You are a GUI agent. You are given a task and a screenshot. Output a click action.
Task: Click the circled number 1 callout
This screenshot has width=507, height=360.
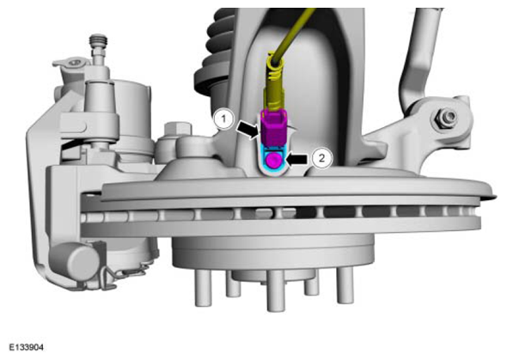(x=223, y=119)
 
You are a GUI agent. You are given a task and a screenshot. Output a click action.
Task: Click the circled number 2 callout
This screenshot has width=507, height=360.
(x=321, y=158)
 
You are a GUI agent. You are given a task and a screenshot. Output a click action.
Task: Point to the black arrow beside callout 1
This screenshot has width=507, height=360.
(x=248, y=130)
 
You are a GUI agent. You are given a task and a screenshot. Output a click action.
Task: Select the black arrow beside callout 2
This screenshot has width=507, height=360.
(x=296, y=159)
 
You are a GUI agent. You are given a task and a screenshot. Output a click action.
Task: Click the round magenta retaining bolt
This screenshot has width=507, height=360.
(x=274, y=161)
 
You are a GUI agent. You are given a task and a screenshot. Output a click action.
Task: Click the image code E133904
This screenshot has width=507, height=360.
(x=26, y=347)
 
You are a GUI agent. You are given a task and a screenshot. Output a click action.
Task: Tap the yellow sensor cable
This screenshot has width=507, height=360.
(x=293, y=33)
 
